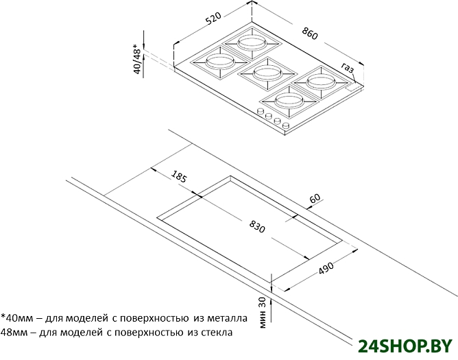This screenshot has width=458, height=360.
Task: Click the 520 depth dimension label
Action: click(x=213, y=19)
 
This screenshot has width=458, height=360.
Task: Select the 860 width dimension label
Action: click(x=310, y=33)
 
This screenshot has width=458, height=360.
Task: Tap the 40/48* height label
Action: click(x=137, y=59)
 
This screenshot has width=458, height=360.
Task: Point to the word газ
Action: click(x=348, y=68)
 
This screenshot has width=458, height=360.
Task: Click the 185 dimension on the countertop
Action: click(x=178, y=176)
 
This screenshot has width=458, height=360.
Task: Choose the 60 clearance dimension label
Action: click(x=315, y=198)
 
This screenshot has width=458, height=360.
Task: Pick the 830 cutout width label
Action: click(x=257, y=226)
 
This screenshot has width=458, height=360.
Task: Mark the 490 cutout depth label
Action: click(x=326, y=268)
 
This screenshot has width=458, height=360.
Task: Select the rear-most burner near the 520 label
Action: click(x=252, y=43)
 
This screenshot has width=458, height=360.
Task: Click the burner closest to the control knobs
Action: click(x=289, y=101)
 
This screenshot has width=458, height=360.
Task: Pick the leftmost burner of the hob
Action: click(x=220, y=62)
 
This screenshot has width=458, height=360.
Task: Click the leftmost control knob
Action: click(x=261, y=111)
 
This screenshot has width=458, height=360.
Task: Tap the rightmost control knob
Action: click(x=286, y=126)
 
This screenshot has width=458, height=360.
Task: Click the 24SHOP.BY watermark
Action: click(x=405, y=346)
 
